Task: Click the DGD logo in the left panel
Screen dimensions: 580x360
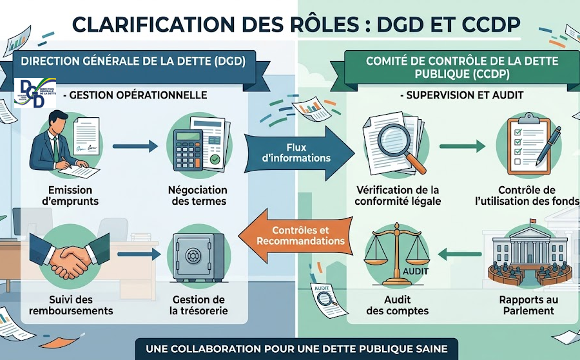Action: click(35, 93)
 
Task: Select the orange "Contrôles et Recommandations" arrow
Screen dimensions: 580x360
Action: click(296, 236)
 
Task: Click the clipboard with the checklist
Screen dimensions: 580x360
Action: click(529, 146)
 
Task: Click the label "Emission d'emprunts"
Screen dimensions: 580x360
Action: click(70, 196)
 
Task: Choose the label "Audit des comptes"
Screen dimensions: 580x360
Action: click(398, 305)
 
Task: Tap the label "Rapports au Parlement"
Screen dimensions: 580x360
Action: click(528, 305)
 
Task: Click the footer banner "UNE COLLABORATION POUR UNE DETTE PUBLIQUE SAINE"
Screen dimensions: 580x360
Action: click(296, 349)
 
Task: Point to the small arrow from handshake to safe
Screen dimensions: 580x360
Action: click(139, 254)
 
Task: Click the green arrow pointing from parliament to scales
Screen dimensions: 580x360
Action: click(459, 254)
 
